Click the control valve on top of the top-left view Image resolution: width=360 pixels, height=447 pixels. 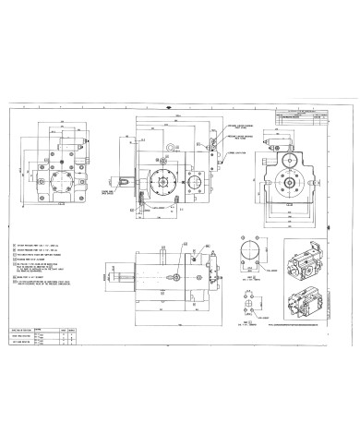71,144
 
